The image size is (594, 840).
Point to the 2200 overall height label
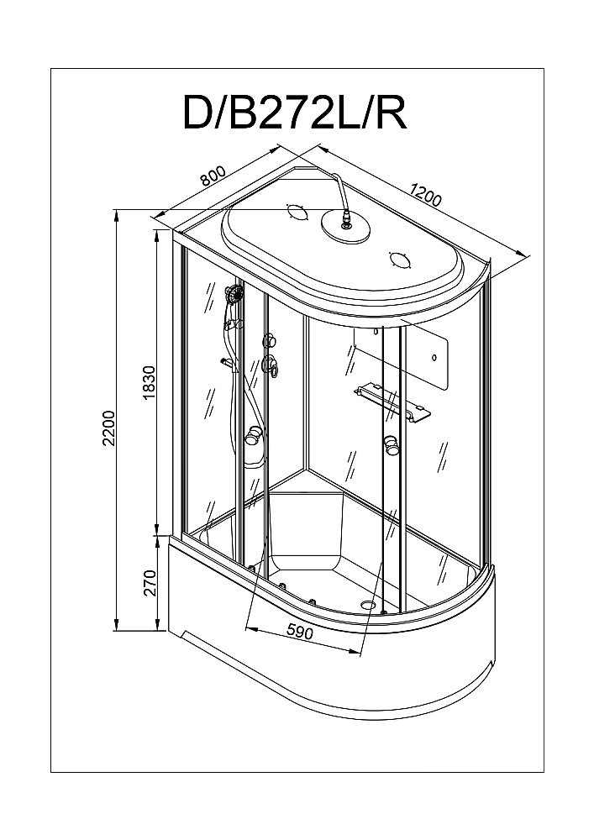(108, 428)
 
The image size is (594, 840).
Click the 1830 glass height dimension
(150, 382)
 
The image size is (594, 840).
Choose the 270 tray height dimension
(150, 582)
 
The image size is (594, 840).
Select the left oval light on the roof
(297, 213)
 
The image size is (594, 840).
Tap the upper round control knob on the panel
(271, 341)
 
